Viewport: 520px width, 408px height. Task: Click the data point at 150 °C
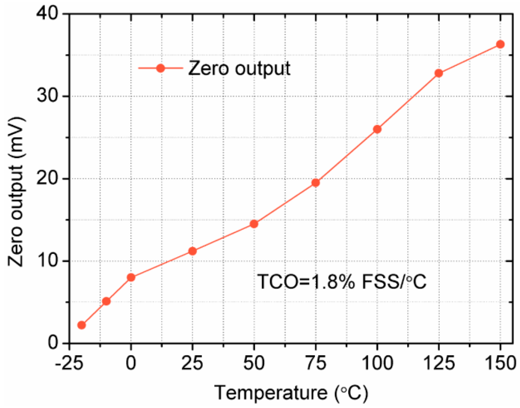click(500, 44)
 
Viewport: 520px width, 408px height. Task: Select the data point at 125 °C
click(439, 73)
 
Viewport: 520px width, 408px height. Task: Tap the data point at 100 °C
click(377, 129)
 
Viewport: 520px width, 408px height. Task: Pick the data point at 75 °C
click(315, 183)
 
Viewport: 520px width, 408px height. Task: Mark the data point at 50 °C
click(254, 224)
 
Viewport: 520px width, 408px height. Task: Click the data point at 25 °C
click(192, 251)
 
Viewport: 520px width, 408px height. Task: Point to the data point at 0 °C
click(131, 277)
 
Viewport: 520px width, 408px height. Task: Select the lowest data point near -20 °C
click(82, 325)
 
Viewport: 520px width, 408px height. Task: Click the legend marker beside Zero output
click(161, 68)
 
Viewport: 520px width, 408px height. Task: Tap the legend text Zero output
click(239, 68)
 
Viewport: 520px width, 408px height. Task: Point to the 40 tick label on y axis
click(47, 14)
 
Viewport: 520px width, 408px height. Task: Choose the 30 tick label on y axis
click(47, 96)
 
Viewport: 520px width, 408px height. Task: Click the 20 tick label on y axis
click(47, 179)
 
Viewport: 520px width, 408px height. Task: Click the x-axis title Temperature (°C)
click(291, 393)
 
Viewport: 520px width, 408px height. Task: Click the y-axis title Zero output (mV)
click(16, 192)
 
